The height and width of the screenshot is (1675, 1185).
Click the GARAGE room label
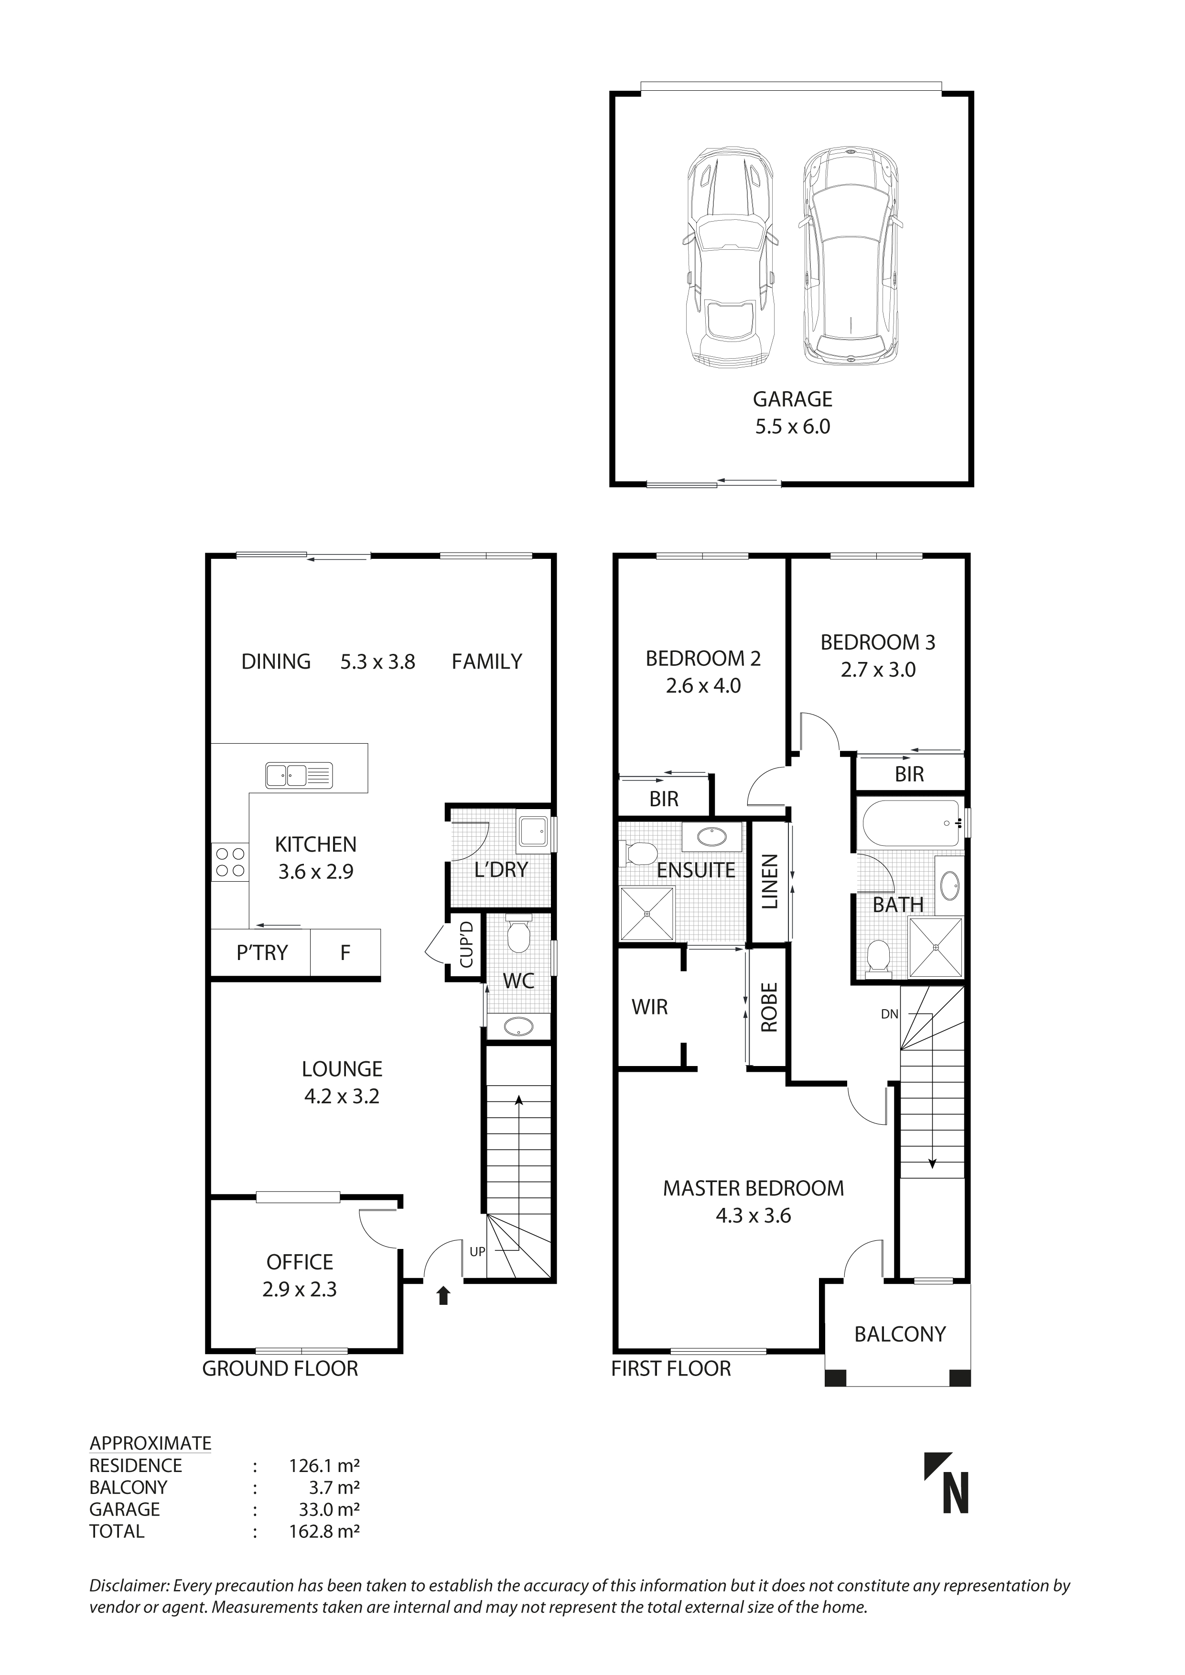[792, 399]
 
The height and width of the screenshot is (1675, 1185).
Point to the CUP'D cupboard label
[466, 946]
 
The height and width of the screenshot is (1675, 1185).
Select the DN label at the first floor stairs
[889, 1014]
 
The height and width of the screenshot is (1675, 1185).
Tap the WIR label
[649, 1007]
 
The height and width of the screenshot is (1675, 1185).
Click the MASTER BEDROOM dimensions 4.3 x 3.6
[753, 1216]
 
